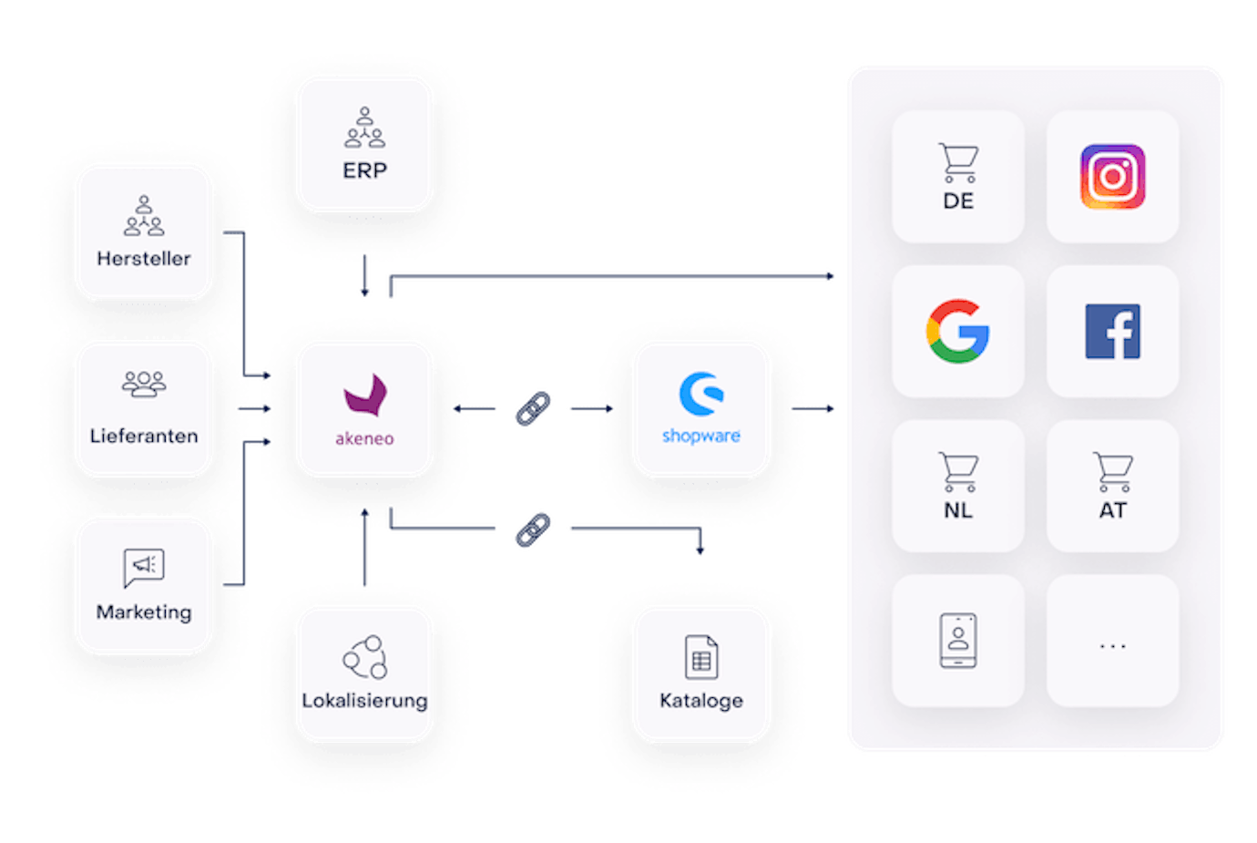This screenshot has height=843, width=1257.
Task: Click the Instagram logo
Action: (x=1113, y=177)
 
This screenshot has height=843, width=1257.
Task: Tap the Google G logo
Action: (x=958, y=332)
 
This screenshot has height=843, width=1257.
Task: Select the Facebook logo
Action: (x=1113, y=332)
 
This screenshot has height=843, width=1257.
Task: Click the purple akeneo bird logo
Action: (x=365, y=396)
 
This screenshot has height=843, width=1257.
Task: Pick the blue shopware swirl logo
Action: (x=701, y=394)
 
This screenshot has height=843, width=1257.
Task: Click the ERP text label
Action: (x=364, y=170)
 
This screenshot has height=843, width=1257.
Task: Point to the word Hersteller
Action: (x=144, y=259)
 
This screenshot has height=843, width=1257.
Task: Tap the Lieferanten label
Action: (x=144, y=436)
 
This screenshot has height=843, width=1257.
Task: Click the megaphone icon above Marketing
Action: (x=144, y=568)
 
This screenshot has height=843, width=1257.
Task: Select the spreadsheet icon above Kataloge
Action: (x=701, y=656)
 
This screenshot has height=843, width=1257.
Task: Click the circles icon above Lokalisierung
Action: (x=365, y=657)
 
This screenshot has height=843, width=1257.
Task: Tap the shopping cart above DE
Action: (x=958, y=163)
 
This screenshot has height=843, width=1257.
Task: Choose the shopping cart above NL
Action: (x=958, y=472)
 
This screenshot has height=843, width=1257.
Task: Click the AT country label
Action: (x=1113, y=510)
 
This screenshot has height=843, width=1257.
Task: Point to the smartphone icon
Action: (x=958, y=641)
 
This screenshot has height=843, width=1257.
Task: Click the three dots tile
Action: (x=1113, y=641)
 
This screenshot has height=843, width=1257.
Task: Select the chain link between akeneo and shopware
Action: (x=533, y=409)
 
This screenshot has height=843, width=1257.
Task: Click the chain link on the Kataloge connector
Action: (x=533, y=529)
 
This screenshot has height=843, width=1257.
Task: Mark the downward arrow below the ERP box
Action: (x=364, y=276)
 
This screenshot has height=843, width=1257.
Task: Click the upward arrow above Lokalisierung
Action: (x=364, y=547)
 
